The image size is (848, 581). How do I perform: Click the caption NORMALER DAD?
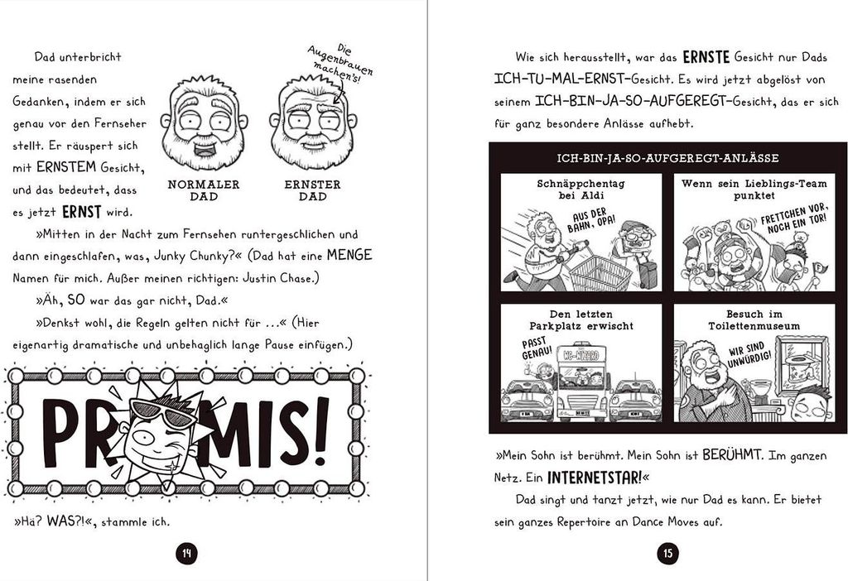tap(204, 190)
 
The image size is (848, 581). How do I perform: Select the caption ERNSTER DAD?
tap(312, 190)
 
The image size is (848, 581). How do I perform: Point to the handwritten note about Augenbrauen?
tap(340, 65)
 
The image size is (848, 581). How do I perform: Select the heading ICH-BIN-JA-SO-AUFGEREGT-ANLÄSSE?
tap(667, 158)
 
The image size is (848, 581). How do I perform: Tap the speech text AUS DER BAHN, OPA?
tap(590, 219)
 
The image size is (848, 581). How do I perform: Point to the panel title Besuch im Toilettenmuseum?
tap(754, 320)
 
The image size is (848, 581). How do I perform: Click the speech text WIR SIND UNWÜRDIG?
tap(749, 354)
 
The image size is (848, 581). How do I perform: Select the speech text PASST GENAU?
tap(537, 348)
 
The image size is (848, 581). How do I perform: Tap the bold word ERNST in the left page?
tap(82, 212)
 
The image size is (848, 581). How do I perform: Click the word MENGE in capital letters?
tap(349, 255)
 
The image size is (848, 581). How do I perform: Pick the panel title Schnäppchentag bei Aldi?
tap(581, 190)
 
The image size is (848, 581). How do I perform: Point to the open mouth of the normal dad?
tap(204, 149)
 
